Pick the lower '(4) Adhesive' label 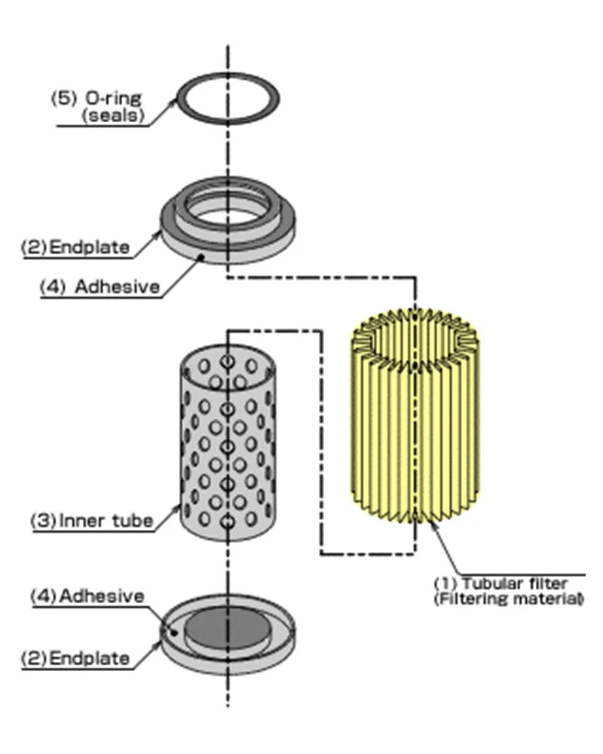tap(87, 596)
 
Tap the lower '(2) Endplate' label tap(75, 657)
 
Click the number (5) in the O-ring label tap(61, 99)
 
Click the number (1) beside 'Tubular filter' tap(442, 584)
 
